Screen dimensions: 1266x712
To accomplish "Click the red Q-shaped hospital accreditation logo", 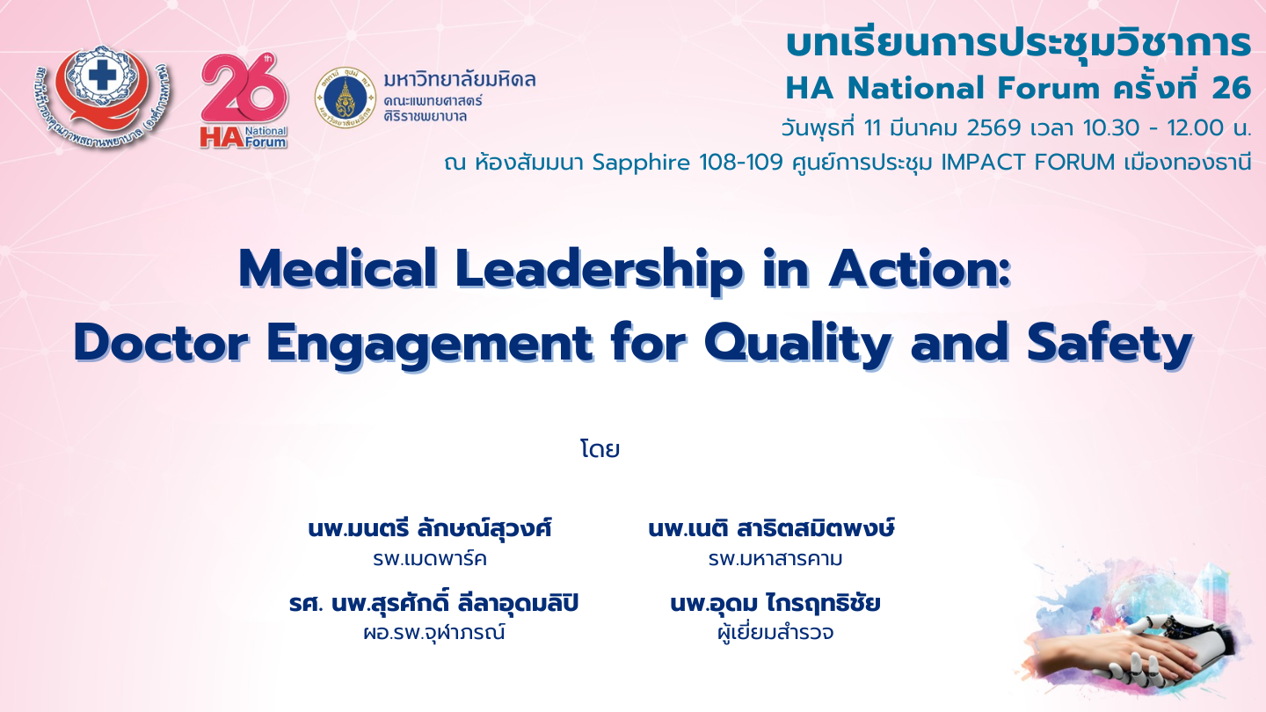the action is click(x=103, y=96).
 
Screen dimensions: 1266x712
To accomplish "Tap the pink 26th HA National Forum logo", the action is click(x=244, y=102).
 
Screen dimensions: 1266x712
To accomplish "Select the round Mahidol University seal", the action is click(x=346, y=98).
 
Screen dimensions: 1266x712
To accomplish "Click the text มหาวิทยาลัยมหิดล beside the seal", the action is click(x=460, y=80).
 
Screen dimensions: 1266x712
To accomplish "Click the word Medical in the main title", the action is click(x=338, y=269).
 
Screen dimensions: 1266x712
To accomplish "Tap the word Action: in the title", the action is click(x=920, y=269).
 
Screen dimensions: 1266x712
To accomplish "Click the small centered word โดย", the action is click(x=600, y=449).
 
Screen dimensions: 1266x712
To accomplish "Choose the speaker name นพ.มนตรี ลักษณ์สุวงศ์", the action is click(x=430, y=529).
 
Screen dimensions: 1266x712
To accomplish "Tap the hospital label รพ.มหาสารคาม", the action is click(x=775, y=559).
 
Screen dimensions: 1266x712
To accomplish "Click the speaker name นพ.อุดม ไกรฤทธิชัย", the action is click(x=775, y=603).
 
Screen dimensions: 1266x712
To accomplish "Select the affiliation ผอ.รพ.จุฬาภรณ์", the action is click(x=433, y=633).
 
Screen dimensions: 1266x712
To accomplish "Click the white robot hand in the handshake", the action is click(x=1164, y=650).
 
